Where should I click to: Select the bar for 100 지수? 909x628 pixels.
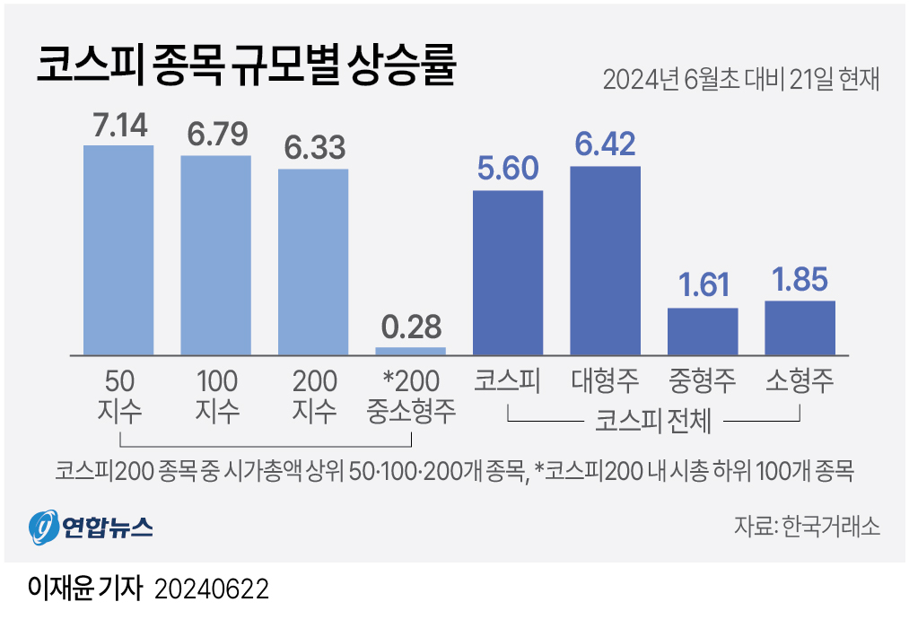[215, 255]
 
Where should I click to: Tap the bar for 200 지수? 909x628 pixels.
[313, 261]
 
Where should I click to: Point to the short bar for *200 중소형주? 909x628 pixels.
[410, 350]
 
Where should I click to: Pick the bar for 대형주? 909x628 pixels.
[606, 260]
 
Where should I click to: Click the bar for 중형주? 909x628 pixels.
[703, 331]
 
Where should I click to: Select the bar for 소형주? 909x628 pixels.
[800, 327]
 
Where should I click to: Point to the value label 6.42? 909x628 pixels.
[606, 145]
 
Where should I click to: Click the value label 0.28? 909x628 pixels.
[410, 327]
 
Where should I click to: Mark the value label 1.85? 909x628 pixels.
[800, 280]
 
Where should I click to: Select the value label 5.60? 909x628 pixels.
[508, 170]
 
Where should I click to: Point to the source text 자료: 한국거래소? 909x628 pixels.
[806, 526]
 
